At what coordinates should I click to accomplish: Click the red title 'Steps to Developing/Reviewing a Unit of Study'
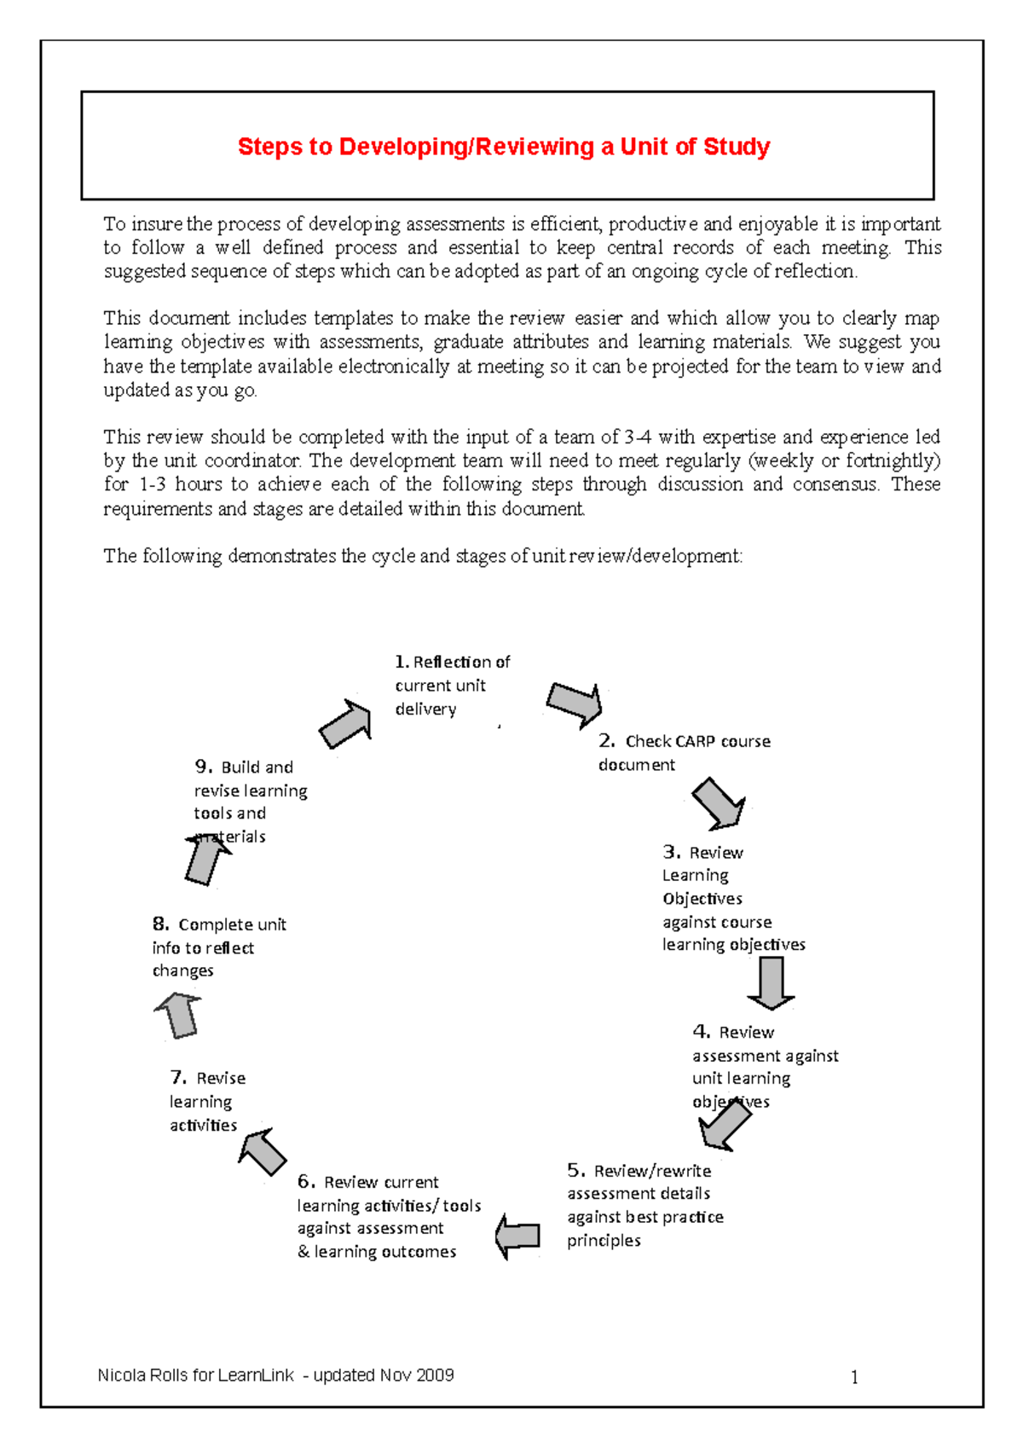pos(503,147)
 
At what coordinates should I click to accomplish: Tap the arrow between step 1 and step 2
pos(575,704)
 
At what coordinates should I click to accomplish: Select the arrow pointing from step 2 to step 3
pos(719,803)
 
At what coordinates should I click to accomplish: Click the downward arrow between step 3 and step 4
pos(771,982)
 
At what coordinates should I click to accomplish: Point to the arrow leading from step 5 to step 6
pos(517,1236)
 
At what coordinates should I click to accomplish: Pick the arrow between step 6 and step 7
pos(263,1151)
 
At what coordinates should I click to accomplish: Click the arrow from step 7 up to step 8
pos(180,1015)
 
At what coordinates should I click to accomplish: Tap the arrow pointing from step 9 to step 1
pos(346,723)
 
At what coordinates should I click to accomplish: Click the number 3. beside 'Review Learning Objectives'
pos(672,852)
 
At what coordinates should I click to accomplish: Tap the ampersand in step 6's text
pos(303,1252)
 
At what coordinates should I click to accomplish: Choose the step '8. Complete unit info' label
pos(218,947)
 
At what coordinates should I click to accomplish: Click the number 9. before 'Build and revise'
pos(203,767)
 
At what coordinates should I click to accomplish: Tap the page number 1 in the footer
pos(854,1377)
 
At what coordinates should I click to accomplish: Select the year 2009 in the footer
pos(436,1376)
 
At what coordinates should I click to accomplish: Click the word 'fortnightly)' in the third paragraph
pos(893,461)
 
